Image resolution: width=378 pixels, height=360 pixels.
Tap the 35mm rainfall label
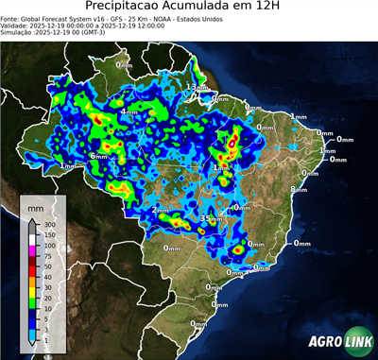click(210, 218)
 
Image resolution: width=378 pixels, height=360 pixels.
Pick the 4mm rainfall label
click(129, 112)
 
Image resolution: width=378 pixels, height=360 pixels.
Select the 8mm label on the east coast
click(298, 190)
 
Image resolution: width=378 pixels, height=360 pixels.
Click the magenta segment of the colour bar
click(31, 249)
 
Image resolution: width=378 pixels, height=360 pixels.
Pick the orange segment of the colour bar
click(31, 271)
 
